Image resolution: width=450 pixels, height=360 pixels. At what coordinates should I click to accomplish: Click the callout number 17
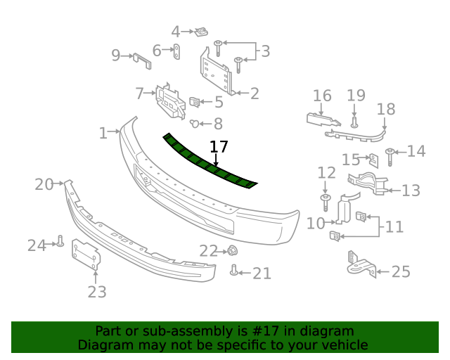[x=219, y=147]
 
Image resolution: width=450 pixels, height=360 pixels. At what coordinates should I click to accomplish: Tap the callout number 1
[x=103, y=132]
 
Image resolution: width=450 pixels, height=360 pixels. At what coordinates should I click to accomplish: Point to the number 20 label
[x=44, y=184]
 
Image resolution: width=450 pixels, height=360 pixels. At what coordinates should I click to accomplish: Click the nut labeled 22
[x=231, y=250]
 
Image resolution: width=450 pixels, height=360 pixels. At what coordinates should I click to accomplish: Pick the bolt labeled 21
[x=234, y=270]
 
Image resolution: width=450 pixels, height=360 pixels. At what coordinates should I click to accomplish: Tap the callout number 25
[x=400, y=271]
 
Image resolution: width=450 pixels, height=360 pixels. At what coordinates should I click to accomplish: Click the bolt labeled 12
[x=326, y=203]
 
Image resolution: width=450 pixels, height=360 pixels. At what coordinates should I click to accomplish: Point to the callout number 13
[x=411, y=190]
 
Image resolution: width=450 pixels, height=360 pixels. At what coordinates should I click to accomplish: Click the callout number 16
[x=322, y=96]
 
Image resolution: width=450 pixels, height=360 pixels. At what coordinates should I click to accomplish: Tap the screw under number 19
[x=354, y=121]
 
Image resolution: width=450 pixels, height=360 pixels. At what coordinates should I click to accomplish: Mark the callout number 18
[x=386, y=109]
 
